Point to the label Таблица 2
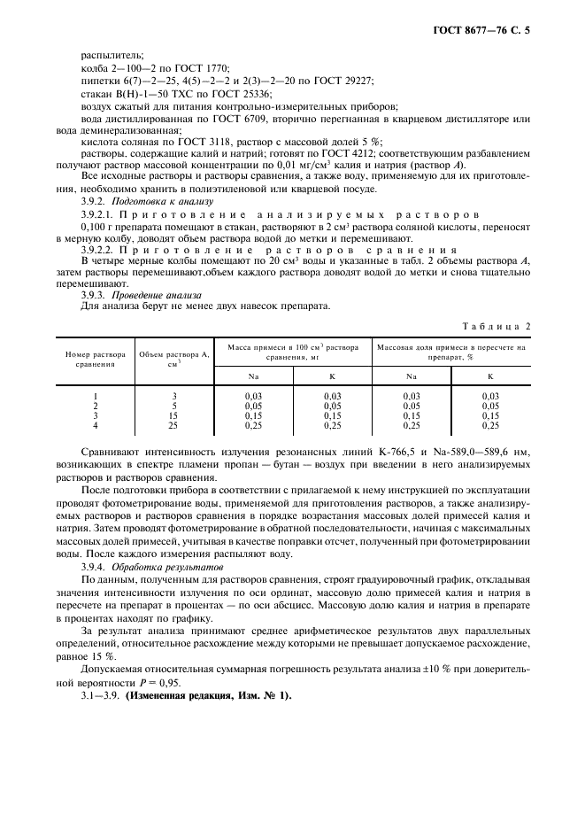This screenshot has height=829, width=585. click(501, 325)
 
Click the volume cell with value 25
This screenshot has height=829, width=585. click(174, 426)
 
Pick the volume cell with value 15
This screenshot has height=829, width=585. click(174, 416)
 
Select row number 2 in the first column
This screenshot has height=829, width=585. click(95, 406)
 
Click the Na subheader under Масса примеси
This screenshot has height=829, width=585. click(253, 376)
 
